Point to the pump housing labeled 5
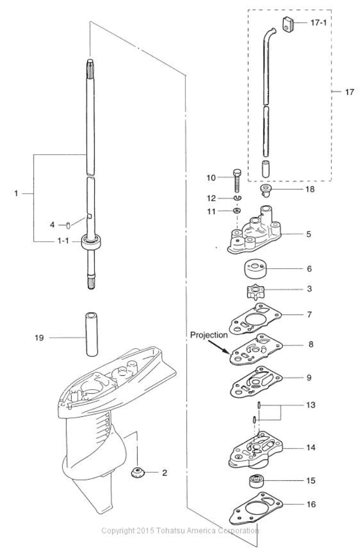pyautogui.click(x=251, y=234)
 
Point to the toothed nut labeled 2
pyautogui.click(x=137, y=472)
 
